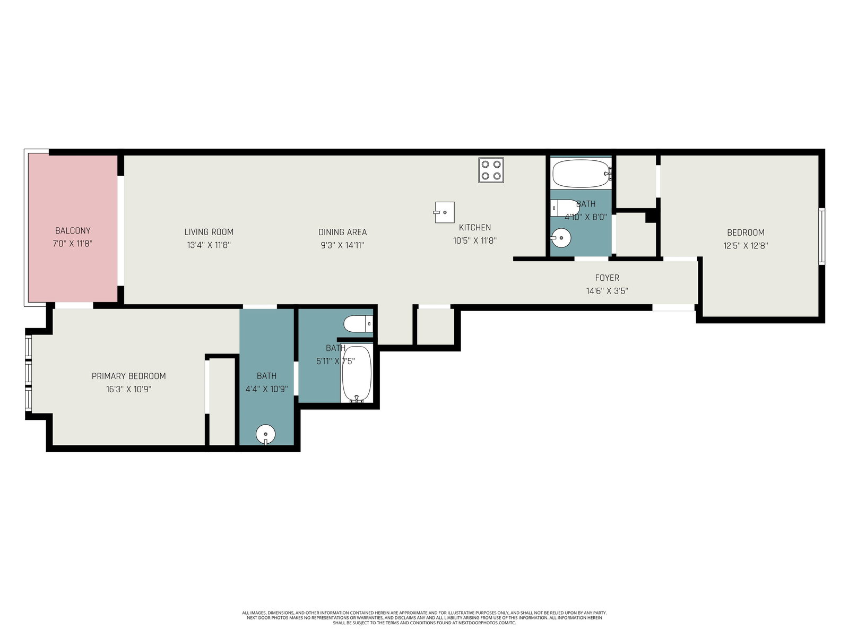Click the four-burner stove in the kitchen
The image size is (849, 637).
pos(491,170)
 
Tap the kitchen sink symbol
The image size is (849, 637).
pos(444,212)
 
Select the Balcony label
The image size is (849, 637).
pos(73,230)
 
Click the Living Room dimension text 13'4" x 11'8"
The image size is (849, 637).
pos(209,245)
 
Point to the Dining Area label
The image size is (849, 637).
pos(342,232)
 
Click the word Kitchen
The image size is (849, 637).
pos(474,227)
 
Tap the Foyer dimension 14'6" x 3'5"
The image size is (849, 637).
pos(607,291)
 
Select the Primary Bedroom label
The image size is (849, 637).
pos(129,376)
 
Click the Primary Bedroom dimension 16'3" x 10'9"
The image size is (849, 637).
pos(129,389)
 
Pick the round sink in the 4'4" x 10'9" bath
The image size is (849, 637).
pos(266,435)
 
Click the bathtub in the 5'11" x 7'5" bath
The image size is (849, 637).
pos(357,374)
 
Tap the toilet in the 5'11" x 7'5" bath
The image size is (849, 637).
pos(358,324)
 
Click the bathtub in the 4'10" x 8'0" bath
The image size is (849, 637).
pos(581,174)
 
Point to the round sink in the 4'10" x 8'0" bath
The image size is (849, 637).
pos(561,238)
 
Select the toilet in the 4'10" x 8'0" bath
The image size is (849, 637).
pos(565,208)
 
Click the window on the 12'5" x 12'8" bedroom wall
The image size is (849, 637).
pos(822,236)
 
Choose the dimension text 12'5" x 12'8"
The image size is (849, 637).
pos(746,246)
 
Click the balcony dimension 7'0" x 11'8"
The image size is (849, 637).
pos(73,244)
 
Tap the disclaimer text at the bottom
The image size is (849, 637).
pos(424,618)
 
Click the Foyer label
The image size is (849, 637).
pos(607,278)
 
